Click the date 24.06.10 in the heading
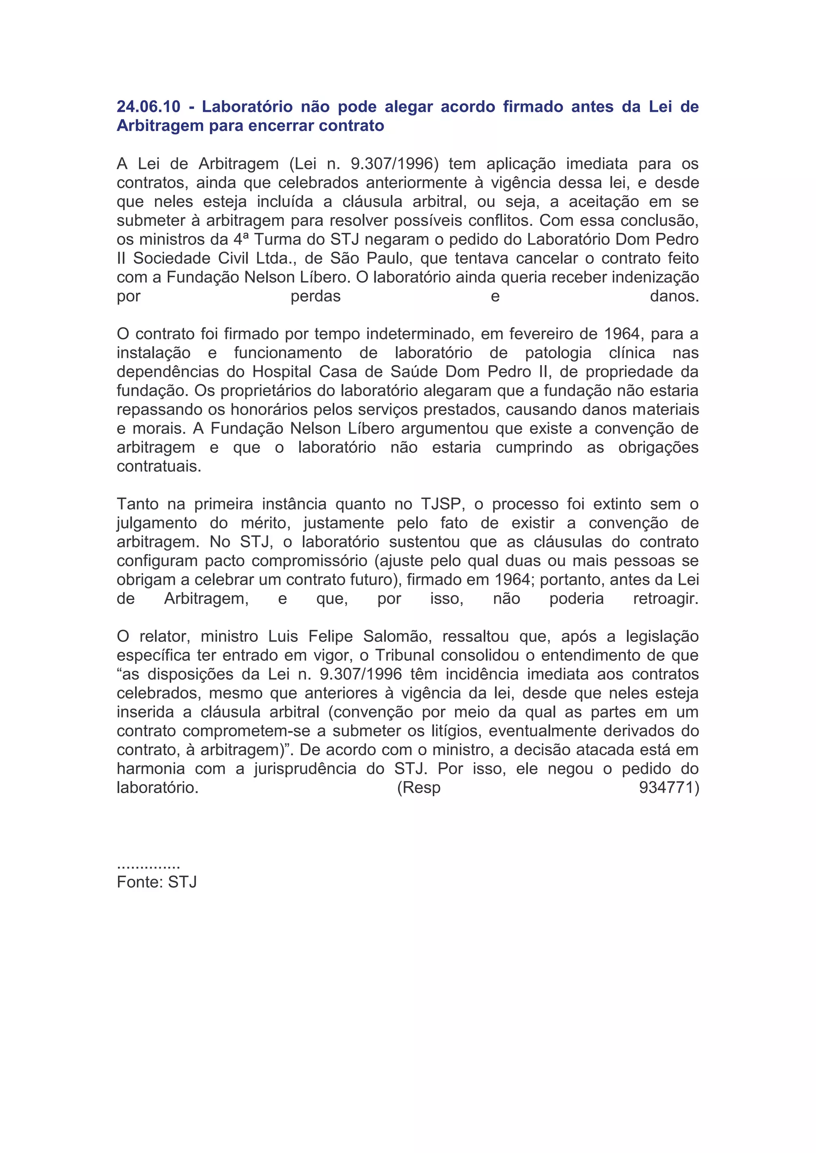(148, 106)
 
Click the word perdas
(316, 296)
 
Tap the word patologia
(558, 353)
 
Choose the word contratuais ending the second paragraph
(159, 467)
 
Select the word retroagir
(666, 598)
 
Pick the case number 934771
(668, 788)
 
